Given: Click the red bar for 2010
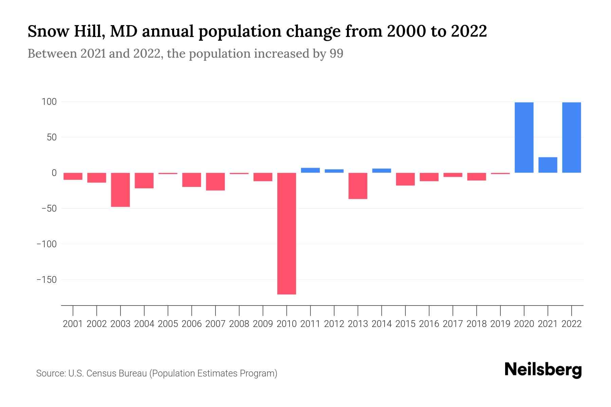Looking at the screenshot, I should tap(286, 233).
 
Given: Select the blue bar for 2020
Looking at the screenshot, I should tap(524, 137).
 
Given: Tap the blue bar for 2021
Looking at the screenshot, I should tap(548, 165).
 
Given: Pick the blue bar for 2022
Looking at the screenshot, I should tap(571, 137).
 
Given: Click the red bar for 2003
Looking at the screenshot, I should tap(121, 190).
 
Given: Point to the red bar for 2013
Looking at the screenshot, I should tap(358, 186).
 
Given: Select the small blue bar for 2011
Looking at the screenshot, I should tap(310, 170).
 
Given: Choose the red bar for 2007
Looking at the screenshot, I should tap(215, 181).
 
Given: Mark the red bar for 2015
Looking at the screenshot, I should tap(405, 179).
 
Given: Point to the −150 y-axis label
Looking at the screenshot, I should tap(47, 279).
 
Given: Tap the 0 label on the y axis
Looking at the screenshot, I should tap(54, 173).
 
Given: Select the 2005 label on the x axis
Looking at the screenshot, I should tap(168, 324).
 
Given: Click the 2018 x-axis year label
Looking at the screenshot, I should tap(476, 324).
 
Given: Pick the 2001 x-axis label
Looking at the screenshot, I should tap(73, 324).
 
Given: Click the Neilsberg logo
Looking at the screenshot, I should tap(543, 370).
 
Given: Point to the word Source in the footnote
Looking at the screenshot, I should tap(50, 373).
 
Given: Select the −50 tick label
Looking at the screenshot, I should tap(49, 208).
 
